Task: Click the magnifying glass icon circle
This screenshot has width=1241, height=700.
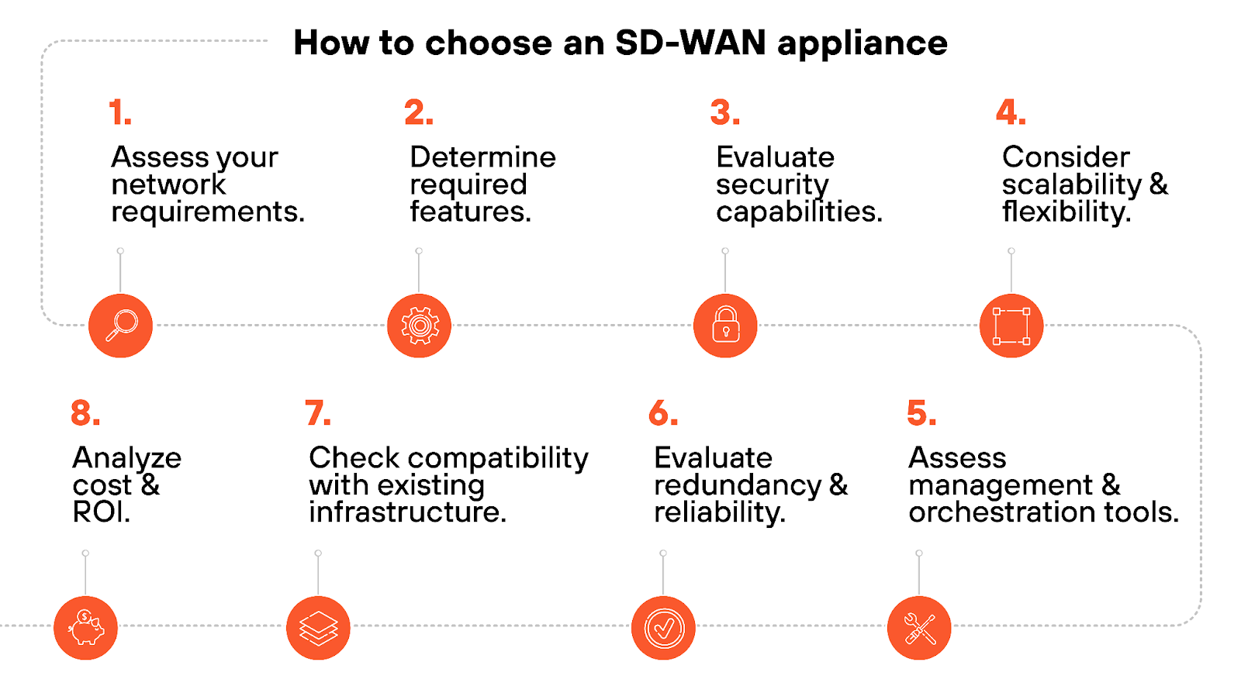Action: click(120, 326)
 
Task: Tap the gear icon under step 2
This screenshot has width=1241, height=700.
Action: click(419, 326)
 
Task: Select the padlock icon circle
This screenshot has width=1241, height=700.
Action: click(725, 326)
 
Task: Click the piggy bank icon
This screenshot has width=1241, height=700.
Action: click(85, 627)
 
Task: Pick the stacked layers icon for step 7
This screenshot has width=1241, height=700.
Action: click(318, 627)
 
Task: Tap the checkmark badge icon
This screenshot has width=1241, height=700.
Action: click(663, 627)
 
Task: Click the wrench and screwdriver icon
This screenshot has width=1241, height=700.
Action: click(919, 627)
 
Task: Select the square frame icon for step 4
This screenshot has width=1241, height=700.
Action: click(1011, 326)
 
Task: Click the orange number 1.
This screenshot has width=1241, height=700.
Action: click(119, 113)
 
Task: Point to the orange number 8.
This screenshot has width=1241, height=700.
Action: click(85, 414)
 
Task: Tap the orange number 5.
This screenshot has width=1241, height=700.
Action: click(921, 414)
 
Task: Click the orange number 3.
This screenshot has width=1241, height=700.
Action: click(724, 113)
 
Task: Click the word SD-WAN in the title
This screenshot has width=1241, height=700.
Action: click(690, 43)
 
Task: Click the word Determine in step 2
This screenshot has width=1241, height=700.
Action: click(482, 157)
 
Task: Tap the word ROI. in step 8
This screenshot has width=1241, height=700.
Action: click(101, 512)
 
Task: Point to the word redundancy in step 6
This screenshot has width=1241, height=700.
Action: click(737, 486)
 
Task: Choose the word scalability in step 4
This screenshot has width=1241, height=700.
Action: click(1071, 185)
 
